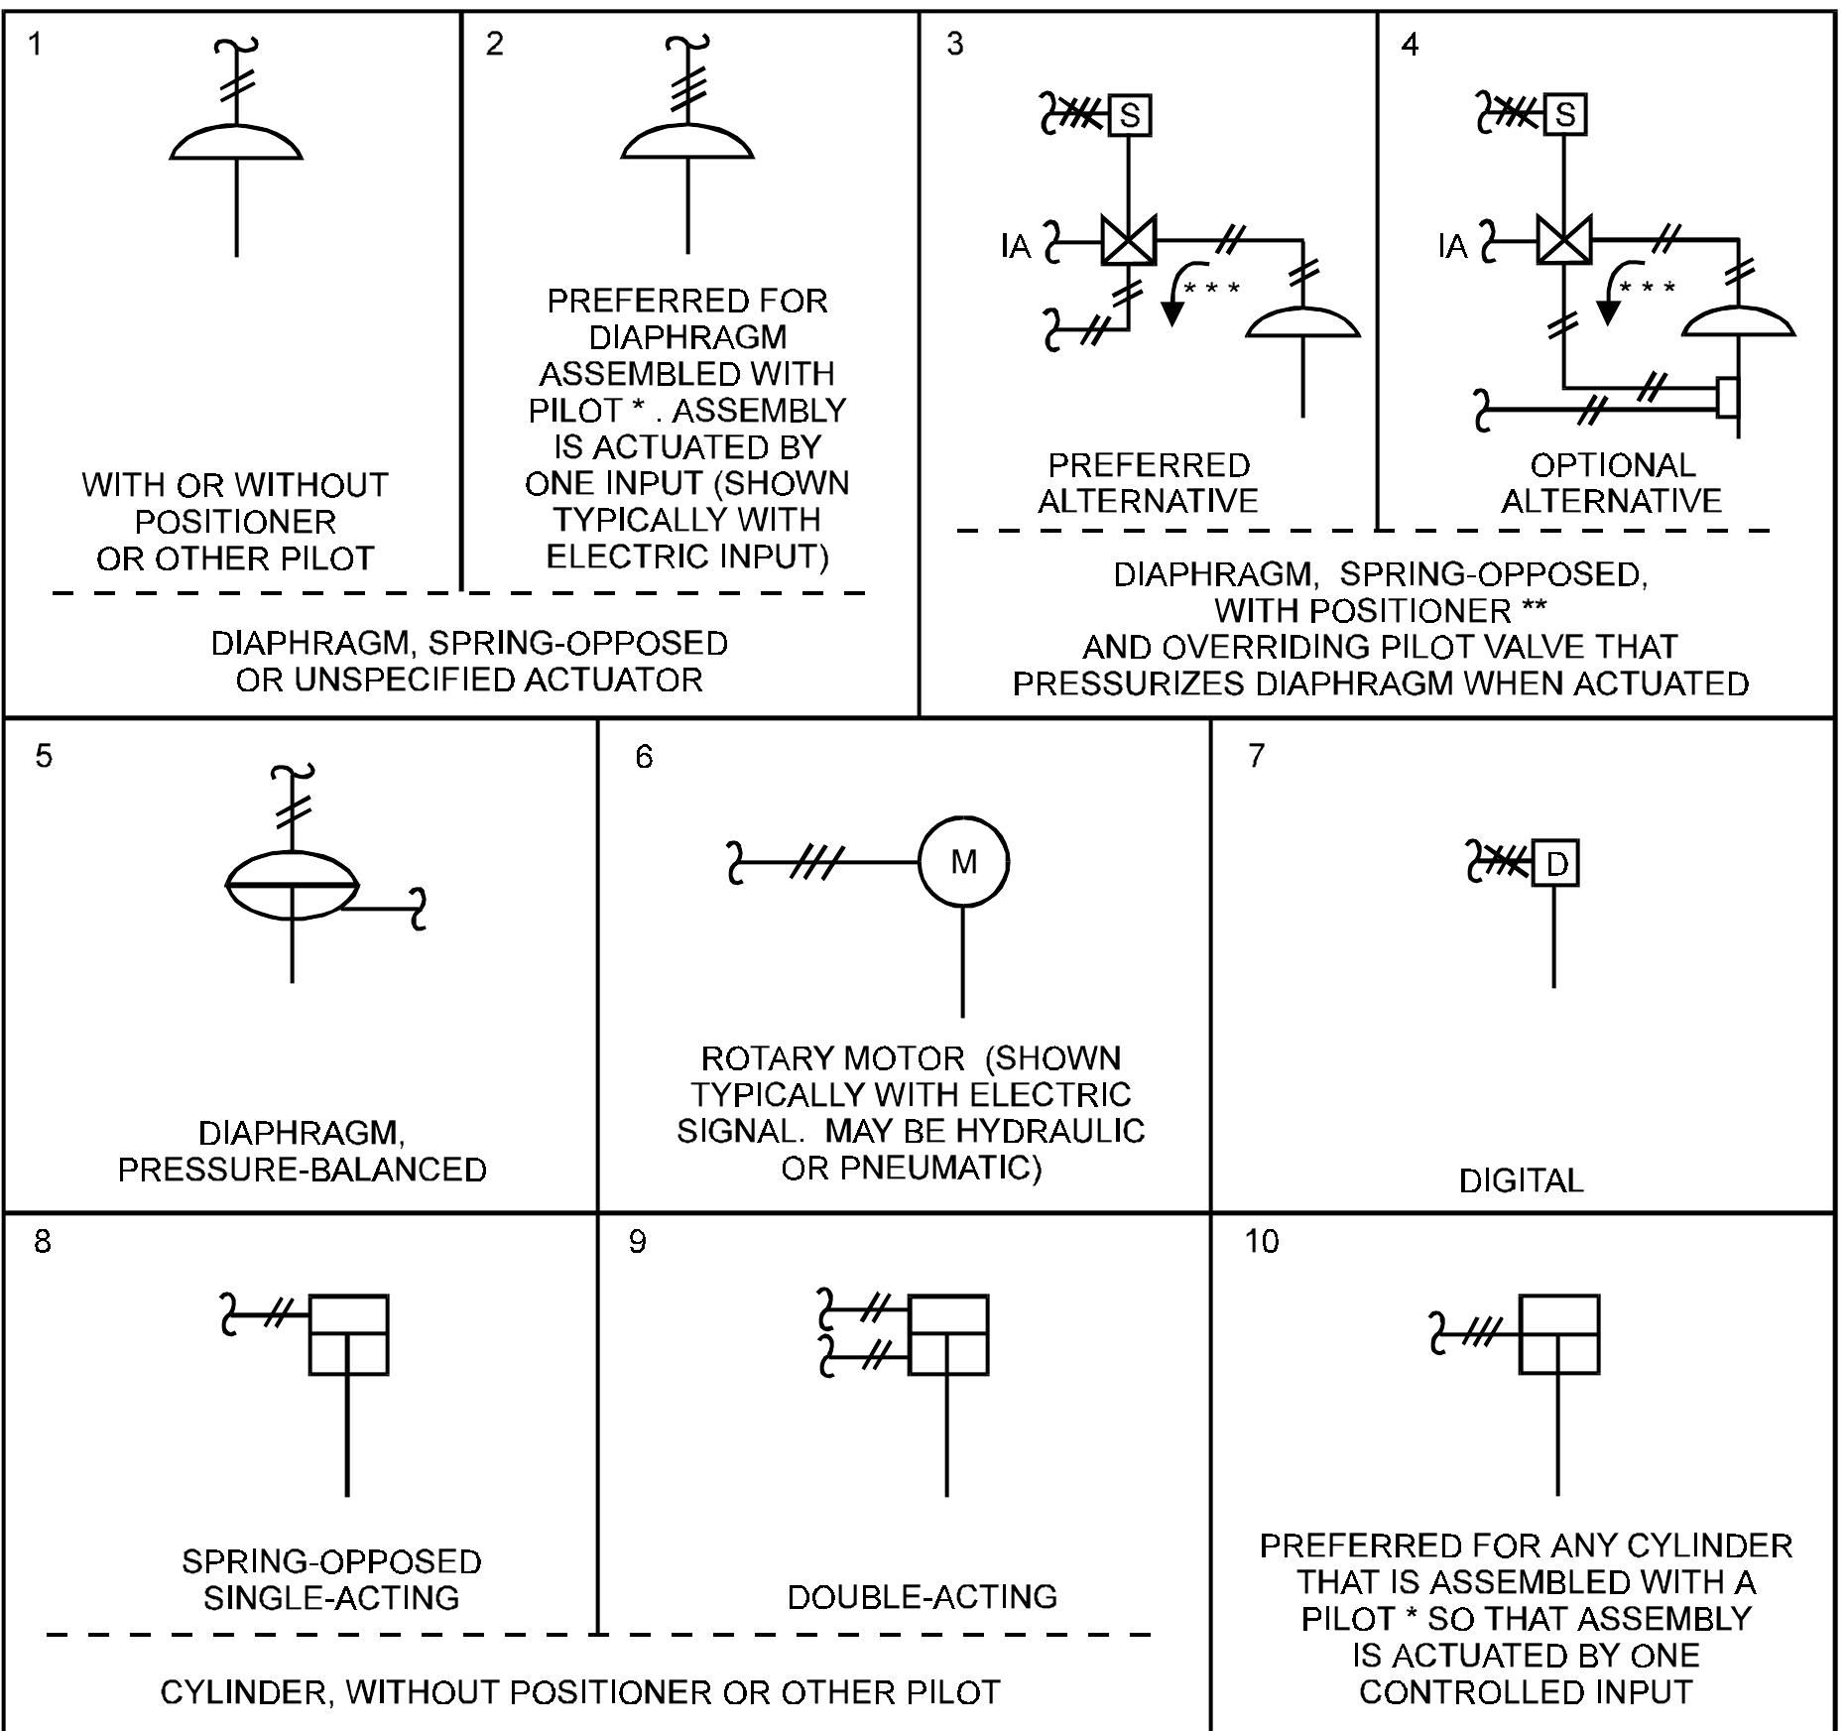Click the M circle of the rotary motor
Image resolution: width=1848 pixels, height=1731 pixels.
click(963, 862)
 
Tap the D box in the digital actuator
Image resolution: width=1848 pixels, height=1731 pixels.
click(1555, 864)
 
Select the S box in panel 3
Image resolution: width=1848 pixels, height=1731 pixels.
click(1129, 116)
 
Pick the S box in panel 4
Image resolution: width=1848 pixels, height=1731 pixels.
click(1565, 114)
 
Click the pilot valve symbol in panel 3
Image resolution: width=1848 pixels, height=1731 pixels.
click(1129, 241)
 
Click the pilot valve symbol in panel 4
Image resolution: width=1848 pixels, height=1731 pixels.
click(1564, 240)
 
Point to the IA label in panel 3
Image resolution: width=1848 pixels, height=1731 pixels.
click(1016, 246)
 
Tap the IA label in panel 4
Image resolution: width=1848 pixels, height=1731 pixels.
click(1452, 246)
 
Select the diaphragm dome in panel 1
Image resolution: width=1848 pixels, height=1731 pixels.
click(236, 144)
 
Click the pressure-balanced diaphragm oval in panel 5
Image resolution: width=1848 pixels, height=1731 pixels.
click(293, 882)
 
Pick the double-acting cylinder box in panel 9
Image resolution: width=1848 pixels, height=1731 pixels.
click(948, 1334)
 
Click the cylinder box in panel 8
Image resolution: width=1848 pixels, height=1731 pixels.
click(348, 1334)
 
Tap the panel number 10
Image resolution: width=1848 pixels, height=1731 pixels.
click(1262, 1241)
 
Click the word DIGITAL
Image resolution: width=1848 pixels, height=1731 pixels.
click(1521, 1180)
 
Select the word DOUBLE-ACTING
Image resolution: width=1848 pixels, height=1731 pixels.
click(922, 1596)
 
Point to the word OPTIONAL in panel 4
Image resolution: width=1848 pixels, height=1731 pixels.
click(1612, 464)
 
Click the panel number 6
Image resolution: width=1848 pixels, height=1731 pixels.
click(644, 757)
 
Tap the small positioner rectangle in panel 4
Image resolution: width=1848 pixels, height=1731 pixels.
click(1727, 397)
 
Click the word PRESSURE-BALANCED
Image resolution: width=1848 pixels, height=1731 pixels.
click(303, 1170)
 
